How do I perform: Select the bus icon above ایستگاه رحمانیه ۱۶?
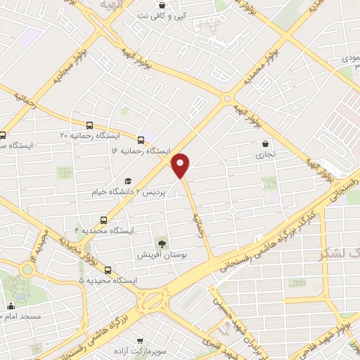(x=142, y=139)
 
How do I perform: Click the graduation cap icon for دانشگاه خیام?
(x=128, y=181)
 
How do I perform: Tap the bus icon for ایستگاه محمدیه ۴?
(x=104, y=219)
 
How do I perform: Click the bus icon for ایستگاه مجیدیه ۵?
(x=108, y=269)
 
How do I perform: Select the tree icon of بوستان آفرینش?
(x=162, y=244)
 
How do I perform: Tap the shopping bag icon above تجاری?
(x=264, y=143)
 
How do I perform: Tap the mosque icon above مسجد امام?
(x=11, y=306)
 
